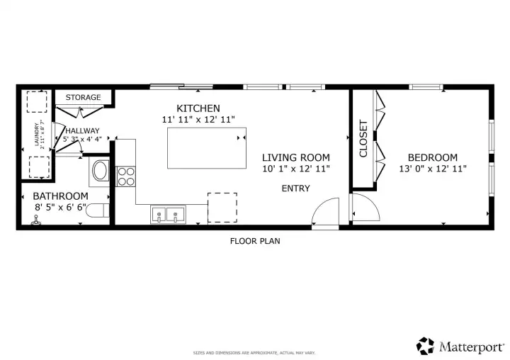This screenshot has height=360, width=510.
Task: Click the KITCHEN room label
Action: (x=198, y=108)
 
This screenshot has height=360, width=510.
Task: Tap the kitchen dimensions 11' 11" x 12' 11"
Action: (x=198, y=120)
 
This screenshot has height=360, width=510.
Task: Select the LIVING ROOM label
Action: (x=295, y=157)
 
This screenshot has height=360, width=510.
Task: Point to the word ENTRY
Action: (x=295, y=188)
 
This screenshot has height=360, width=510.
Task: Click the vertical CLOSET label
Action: (x=363, y=139)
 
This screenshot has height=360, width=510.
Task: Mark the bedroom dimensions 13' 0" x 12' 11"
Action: (x=431, y=169)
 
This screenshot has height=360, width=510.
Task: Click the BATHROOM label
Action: (x=61, y=196)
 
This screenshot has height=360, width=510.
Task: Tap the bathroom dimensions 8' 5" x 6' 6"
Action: (x=61, y=208)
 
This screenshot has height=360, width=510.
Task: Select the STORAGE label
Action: (x=83, y=97)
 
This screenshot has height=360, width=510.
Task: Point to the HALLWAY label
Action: (x=82, y=130)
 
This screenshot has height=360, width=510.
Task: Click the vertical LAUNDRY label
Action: (x=37, y=135)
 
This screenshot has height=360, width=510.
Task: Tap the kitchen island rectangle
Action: (x=206, y=148)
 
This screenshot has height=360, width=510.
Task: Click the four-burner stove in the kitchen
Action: (x=126, y=176)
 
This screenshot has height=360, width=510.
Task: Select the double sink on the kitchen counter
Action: (x=167, y=213)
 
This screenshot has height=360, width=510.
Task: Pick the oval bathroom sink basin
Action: (x=100, y=171)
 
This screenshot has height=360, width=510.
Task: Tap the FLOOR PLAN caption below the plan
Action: (x=254, y=241)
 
